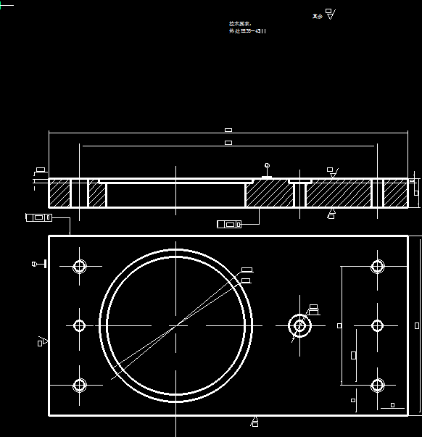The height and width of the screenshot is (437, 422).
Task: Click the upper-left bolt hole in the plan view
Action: tap(80, 267)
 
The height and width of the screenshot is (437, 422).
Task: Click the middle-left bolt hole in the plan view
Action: tap(80, 325)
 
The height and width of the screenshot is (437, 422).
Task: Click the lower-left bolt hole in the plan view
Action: tap(80, 385)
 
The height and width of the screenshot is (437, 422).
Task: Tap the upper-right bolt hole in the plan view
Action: tap(377, 267)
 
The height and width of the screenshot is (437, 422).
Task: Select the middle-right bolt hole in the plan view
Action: tap(377, 325)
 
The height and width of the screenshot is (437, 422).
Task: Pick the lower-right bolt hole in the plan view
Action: tap(377, 385)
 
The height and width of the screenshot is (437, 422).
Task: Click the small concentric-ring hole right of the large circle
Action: tap(299, 325)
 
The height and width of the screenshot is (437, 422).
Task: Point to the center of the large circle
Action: tap(176, 325)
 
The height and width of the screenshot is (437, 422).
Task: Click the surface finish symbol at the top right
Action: tap(330, 14)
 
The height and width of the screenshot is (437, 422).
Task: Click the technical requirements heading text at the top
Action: tap(239, 24)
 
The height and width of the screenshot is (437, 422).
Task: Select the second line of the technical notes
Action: tap(247, 31)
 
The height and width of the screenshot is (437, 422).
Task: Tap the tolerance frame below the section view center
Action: tap(228, 225)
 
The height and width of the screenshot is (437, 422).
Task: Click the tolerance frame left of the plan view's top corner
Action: tap(38, 217)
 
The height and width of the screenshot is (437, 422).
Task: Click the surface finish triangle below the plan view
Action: tap(255, 421)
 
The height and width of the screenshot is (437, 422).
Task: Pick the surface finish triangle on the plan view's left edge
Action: tap(43, 341)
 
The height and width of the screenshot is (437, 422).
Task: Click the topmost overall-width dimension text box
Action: tap(228, 130)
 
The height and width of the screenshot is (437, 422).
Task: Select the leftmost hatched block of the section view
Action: tap(59, 194)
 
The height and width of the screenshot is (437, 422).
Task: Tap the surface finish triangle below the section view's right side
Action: tap(331, 213)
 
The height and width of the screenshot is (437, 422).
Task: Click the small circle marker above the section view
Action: tap(267, 166)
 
